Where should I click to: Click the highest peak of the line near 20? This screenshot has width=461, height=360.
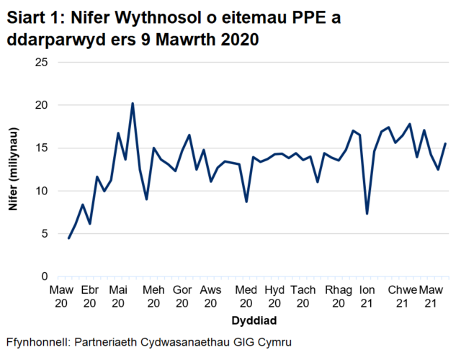[133, 104]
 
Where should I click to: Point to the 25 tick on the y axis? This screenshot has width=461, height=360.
[42, 63]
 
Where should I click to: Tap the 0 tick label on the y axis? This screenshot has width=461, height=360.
[45, 276]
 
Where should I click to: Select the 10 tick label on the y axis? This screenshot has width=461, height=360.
[42, 191]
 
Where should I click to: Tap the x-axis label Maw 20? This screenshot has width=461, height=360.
[61, 296]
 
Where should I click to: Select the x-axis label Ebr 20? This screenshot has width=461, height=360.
[89, 296]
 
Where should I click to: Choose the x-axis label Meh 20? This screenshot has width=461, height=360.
[153, 296]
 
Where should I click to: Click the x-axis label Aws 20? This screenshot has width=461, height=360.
[210, 296]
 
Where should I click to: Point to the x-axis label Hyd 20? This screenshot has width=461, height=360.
[274, 296]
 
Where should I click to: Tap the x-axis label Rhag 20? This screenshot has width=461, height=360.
[338, 296]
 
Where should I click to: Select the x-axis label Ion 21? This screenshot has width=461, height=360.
[367, 296]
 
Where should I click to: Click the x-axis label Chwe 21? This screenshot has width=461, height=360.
[403, 296]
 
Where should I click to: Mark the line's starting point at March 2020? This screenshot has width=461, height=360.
[69, 238]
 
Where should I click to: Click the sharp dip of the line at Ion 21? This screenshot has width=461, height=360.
[367, 213]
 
